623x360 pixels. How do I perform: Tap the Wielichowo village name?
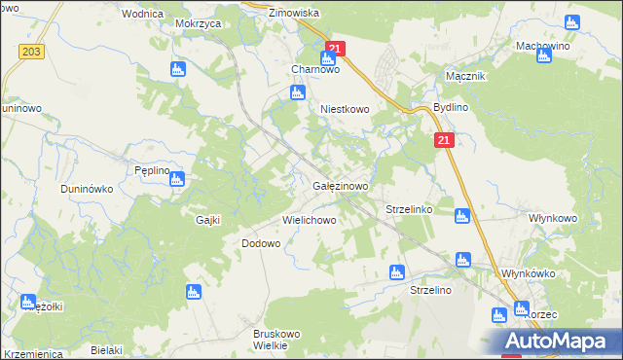(x=310, y=220)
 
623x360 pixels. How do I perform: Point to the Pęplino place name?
(x=153, y=169)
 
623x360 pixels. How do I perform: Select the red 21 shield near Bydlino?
(x=444, y=141)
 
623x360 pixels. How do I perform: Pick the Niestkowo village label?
(x=346, y=110)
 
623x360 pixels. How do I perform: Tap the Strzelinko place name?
(x=409, y=209)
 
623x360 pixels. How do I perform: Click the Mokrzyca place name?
(x=199, y=21)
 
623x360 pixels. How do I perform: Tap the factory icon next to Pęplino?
(x=177, y=178)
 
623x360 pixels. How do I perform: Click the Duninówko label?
(x=87, y=188)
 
